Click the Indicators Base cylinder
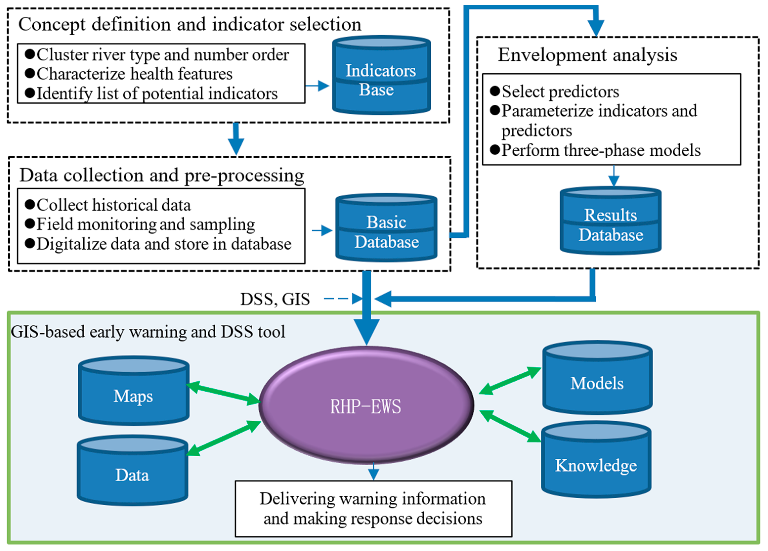(x=381, y=75)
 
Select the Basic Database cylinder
(x=386, y=228)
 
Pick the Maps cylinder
(x=134, y=390)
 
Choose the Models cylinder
(x=598, y=378)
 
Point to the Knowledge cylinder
(x=596, y=460)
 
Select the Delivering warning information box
(x=374, y=509)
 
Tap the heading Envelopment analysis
(x=588, y=55)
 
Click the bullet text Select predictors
(x=560, y=91)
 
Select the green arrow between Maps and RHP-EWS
(x=223, y=393)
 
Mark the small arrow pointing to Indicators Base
(x=317, y=86)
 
